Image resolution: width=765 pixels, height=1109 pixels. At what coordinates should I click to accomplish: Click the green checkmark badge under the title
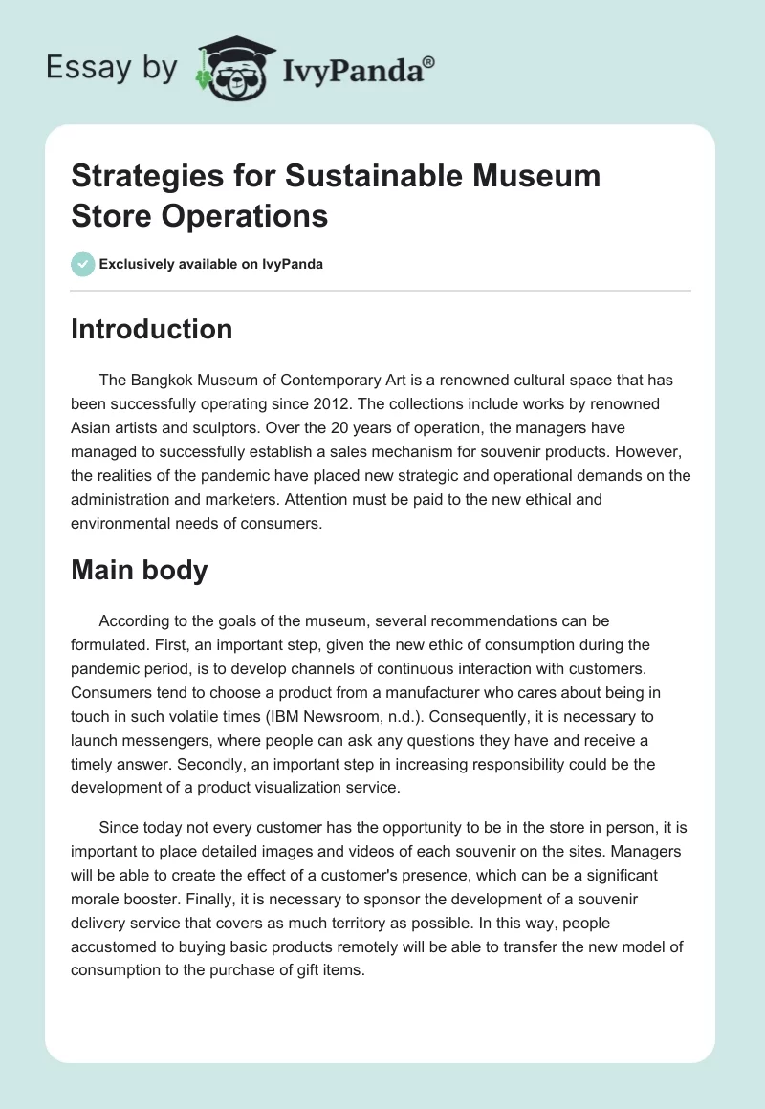[83, 264]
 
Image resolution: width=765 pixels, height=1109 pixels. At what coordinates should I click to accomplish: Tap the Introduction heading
[152, 329]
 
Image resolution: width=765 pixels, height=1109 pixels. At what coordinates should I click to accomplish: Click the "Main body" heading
[140, 571]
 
